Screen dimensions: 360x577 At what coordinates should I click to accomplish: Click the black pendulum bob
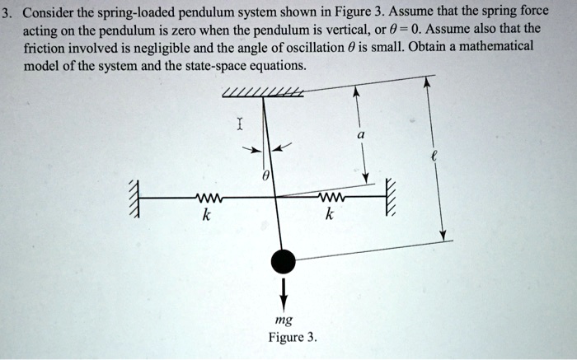(x=284, y=262)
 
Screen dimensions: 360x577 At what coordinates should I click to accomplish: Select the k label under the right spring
(x=329, y=216)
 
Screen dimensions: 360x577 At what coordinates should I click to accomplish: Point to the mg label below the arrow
(x=283, y=321)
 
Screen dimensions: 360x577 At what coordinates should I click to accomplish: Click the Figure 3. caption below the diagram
(x=292, y=338)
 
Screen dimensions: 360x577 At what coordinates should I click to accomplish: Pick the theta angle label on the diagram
(x=265, y=176)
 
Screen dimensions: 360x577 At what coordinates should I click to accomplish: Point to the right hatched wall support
(x=391, y=199)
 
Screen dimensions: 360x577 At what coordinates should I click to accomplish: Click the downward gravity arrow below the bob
(x=284, y=291)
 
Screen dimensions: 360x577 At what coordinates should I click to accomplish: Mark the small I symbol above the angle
(x=239, y=125)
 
